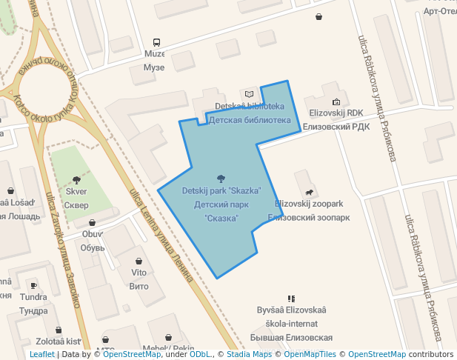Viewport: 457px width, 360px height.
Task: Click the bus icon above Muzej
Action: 156,42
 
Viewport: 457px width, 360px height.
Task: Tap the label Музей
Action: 153,67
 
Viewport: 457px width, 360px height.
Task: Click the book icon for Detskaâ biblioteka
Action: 250,94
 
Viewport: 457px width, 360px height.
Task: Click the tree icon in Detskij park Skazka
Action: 221,178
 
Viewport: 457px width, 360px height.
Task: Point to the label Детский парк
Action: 221,204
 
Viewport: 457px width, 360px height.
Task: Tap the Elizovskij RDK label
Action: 336,113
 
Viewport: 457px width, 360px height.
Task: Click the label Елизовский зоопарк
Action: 309,218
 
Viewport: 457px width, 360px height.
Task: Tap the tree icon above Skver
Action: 76,179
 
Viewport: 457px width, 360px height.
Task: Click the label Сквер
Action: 76,204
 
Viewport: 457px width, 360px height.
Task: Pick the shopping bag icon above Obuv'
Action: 92,222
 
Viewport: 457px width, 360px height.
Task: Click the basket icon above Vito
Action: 139,261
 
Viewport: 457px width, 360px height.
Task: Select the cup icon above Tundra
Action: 33,285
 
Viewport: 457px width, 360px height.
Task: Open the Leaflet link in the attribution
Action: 41,355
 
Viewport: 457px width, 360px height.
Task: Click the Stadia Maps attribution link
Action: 249,355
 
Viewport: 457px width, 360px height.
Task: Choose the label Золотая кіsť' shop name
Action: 59,341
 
